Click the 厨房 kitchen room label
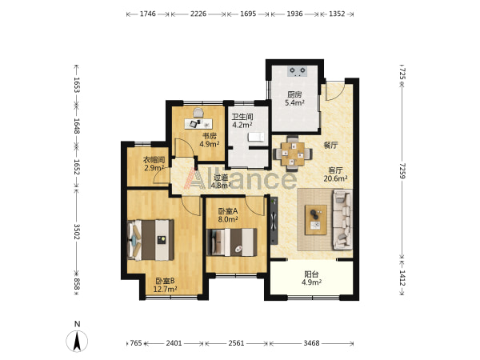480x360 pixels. tap(294, 95)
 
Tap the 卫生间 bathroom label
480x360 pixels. tap(242, 117)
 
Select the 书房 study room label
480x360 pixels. tap(210, 136)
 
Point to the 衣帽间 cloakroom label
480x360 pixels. tap(154, 160)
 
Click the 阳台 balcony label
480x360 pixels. tap(311, 274)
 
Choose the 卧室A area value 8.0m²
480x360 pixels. tap(228, 219)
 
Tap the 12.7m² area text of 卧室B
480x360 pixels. tap(165, 290)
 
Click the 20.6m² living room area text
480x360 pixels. tap(335, 178)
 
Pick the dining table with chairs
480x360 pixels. tap(293, 153)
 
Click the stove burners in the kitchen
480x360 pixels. tap(298, 70)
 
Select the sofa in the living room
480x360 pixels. tap(342, 220)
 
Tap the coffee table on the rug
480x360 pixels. tap(316, 220)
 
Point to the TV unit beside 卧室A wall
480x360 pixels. tap(274, 221)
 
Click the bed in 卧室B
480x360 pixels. tap(150, 240)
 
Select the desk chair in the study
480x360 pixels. tap(198, 112)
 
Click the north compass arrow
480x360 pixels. tap(77, 342)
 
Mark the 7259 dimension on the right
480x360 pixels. tap(403, 171)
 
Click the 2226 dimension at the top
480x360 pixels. tap(198, 14)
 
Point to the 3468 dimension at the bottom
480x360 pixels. tap(312, 343)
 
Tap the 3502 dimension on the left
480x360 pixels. tap(77, 232)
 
